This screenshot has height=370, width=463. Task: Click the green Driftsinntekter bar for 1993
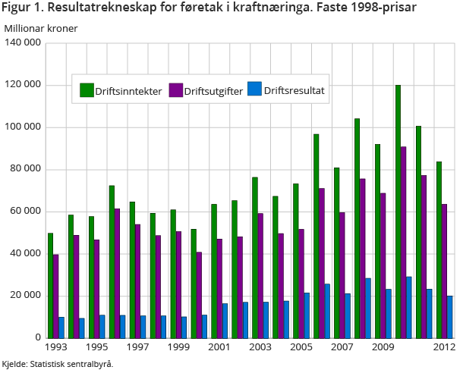tap(50, 285)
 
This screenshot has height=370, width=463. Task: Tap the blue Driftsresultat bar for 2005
tap(306, 315)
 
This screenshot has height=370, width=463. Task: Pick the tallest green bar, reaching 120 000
tap(398, 212)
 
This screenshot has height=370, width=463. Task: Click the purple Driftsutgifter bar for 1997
tap(138, 281)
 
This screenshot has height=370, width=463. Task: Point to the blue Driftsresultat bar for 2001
tap(224, 320)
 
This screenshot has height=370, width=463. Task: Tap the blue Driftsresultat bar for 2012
tap(449, 316)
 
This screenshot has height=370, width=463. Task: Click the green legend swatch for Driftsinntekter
tap(87, 91)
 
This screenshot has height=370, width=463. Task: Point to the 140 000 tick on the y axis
tap(23, 42)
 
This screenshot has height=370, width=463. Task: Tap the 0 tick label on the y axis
tap(37, 337)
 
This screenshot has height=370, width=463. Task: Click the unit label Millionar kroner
tap(41, 28)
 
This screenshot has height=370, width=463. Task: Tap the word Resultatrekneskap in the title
tap(100, 9)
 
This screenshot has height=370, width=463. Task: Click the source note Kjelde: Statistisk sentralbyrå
tap(58, 364)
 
